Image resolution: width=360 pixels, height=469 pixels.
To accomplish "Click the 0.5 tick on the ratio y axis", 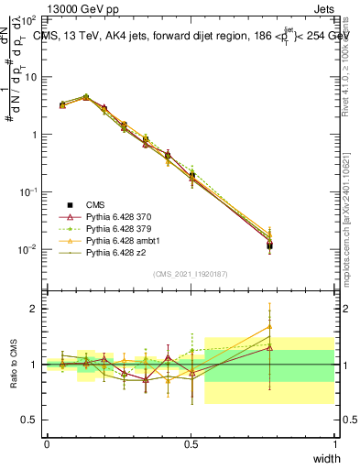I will [x=30, y=420].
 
